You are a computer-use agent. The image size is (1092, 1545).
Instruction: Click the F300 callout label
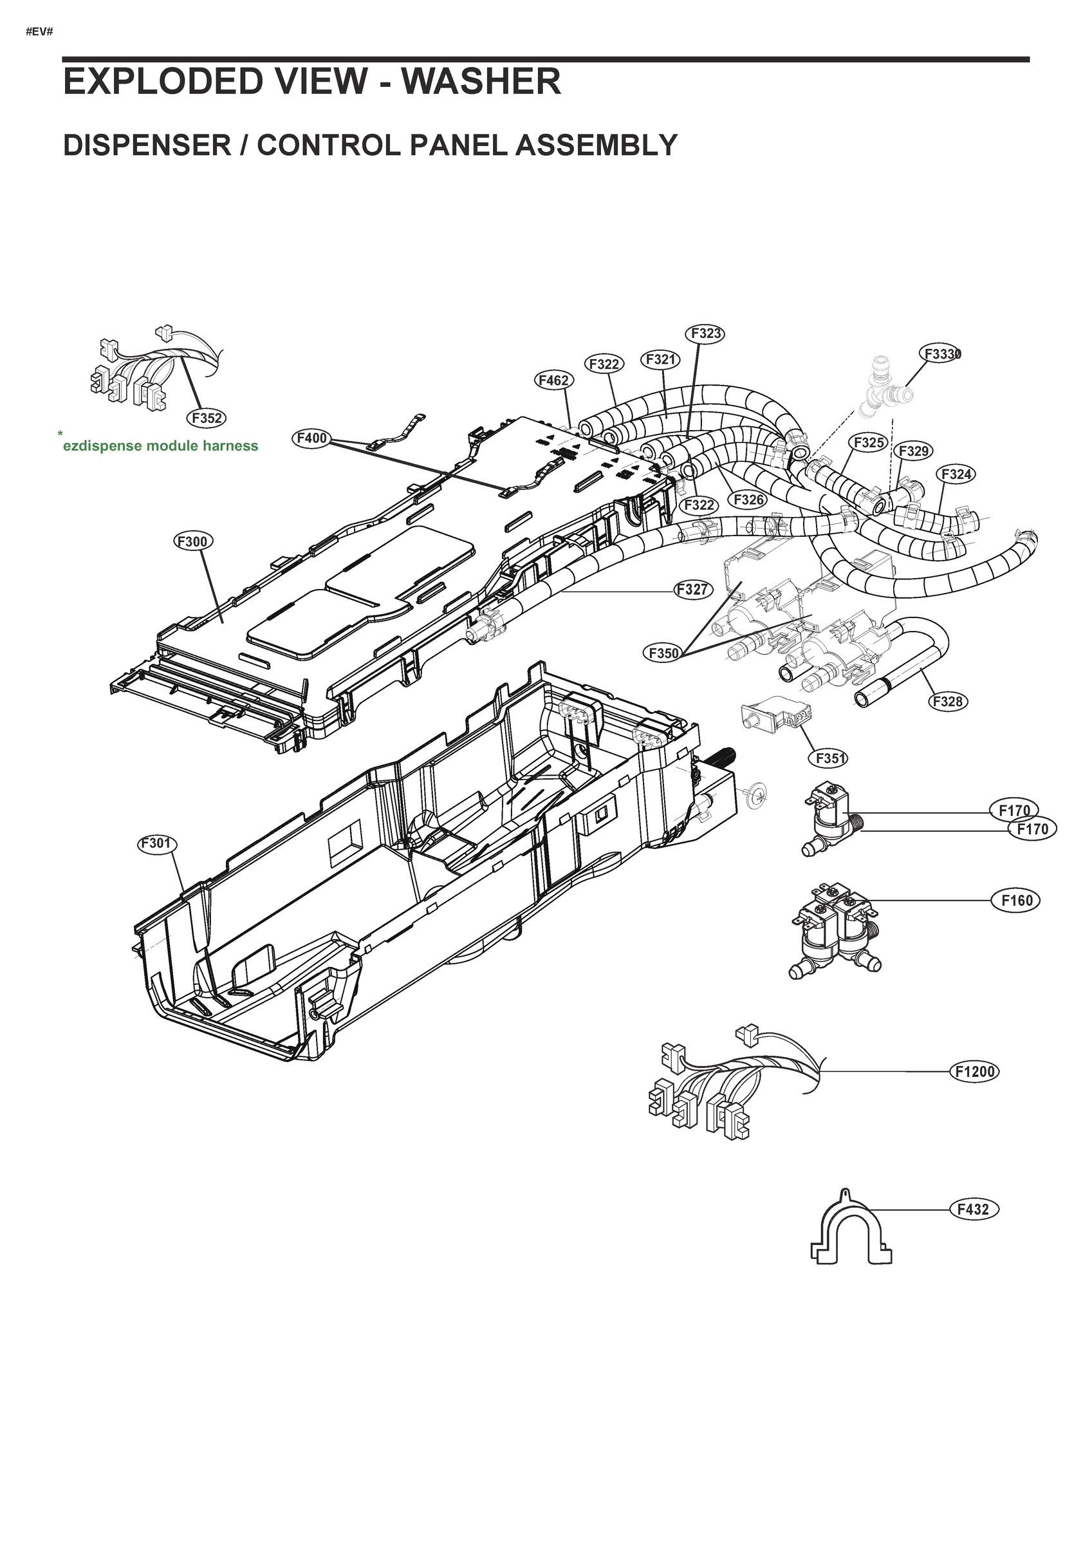click(194, 541)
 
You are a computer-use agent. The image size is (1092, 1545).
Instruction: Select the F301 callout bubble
click(158, 843)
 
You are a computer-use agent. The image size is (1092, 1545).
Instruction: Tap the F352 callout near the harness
click(206, 418)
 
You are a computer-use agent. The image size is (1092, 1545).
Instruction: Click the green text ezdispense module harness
click(160, 445)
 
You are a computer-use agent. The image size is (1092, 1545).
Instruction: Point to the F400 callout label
click(311, 438)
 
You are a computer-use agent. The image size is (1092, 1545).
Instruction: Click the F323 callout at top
click(705, 333)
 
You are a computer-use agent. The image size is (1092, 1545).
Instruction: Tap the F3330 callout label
click(940, 354)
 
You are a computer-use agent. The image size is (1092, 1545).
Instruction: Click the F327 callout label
click(693, 590)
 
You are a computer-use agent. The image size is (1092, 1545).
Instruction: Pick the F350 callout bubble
click(663, 652)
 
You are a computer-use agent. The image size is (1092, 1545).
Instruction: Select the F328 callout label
click(949, 701)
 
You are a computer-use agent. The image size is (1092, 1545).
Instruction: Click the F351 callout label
click(828, 758)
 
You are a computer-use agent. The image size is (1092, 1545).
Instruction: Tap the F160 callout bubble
click(1016, 901)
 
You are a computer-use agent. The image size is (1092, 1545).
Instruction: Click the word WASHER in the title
click(481, 82)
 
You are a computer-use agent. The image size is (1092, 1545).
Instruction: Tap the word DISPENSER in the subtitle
click(147, 145)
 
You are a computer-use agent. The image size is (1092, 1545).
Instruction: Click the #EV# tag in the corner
click(39, 32)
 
